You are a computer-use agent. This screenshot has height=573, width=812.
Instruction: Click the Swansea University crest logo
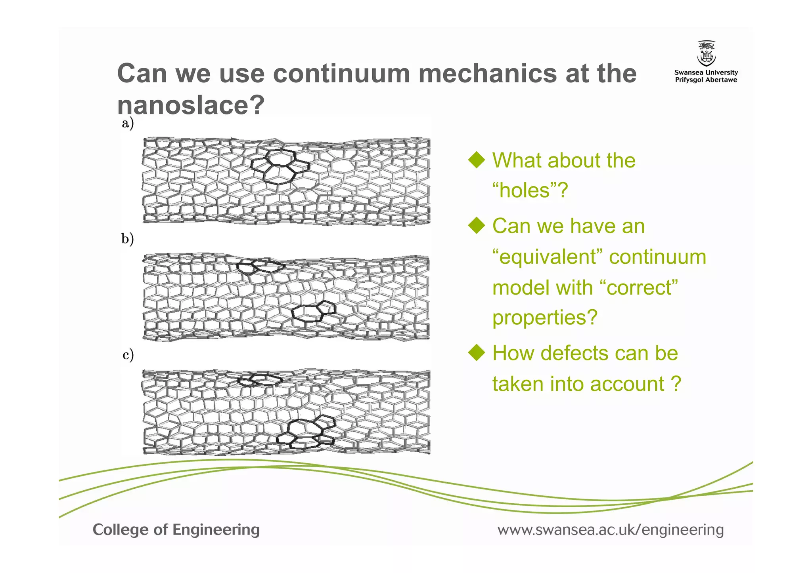tap(706, 53)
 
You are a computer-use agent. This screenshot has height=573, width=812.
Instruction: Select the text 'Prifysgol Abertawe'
tap(706, 80)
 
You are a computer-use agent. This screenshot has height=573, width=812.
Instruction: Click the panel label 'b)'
tap(128, 239)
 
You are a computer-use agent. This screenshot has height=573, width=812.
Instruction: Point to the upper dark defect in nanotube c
tap(260, 380)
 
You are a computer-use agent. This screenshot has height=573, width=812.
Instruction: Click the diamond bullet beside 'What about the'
tap(477, 160)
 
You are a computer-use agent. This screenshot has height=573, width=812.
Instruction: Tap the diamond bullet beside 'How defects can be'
tap(477, 353)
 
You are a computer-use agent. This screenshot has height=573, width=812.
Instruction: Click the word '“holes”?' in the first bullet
tap(530, 190)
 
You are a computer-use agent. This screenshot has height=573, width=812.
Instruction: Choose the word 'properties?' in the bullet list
tap(545, 318)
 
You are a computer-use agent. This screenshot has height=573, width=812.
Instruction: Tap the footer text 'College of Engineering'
tap(176, 529)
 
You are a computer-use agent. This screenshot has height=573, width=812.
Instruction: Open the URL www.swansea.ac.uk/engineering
tap(611, 529)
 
